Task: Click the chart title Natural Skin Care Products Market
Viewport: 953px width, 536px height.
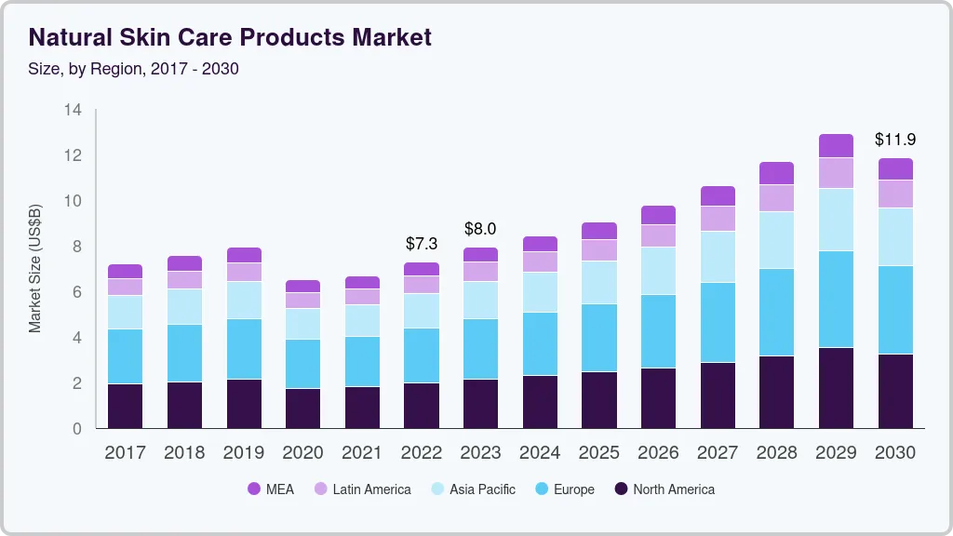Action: [230, 38]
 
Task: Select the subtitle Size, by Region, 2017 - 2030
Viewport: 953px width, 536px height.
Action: [133, 69]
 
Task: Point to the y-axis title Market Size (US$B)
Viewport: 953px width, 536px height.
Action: [34, 268]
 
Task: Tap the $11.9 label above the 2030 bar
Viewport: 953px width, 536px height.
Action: [895, 140]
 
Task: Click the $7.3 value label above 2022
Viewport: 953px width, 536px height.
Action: [422, 244]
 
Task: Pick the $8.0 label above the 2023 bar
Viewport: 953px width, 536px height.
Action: [480, 229]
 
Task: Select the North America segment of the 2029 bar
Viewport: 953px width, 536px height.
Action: [836, 387]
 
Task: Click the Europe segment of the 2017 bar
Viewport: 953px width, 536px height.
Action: [126, 356]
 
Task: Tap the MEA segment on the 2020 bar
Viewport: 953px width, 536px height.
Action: [303, 286]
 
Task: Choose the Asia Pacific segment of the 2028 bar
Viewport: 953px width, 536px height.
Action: [777, 240]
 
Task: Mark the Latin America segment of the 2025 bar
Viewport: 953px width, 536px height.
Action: [599, 250]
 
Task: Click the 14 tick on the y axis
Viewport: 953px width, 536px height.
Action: [74, 110]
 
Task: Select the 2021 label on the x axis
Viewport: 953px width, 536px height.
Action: [362, 453]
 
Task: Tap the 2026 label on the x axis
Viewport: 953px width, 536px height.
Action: [658, 453]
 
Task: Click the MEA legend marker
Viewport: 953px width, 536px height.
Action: [253, 489]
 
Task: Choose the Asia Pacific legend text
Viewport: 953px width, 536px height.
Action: [482, 489]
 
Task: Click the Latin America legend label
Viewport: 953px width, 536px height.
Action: [371, 489]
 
